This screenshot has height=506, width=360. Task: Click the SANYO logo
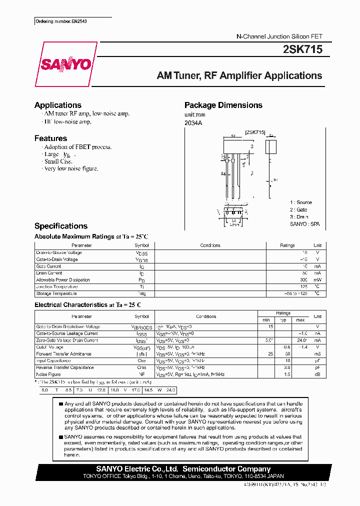click(x=66, y=64)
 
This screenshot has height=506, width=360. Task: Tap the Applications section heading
click(x=58, y=105)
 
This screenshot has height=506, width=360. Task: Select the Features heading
click(x=50, y=138)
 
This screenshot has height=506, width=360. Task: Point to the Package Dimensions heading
click(x=223, y=105)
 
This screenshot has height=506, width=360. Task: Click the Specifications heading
click(x=61, y=226)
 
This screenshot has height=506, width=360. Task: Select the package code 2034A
click(x=193, y=123)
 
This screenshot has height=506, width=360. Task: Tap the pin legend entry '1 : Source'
click(x=301, y=202)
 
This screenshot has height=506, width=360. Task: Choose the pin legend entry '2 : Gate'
click(x=299, y=210)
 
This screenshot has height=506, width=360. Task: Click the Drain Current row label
click(x=49, y=273)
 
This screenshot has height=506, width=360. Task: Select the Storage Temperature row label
click(x=56, y=293)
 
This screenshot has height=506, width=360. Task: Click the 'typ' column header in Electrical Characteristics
click(x=283, y=319)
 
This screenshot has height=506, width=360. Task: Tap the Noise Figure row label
click(x=48, y=374)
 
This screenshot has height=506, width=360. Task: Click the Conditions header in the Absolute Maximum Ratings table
click(x=210, y=245)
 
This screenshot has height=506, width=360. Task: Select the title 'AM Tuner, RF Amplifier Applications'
click(x=239, y=76)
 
